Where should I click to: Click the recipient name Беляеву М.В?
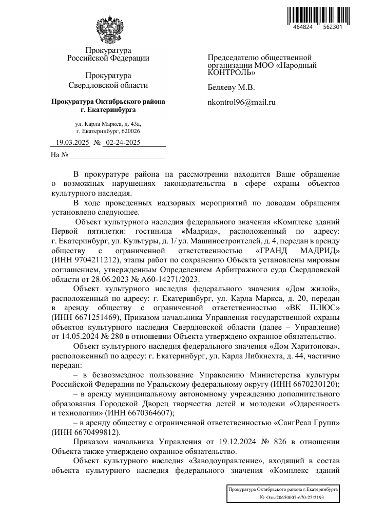coord(231,88)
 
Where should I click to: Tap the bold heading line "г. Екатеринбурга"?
coord(108,110)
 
